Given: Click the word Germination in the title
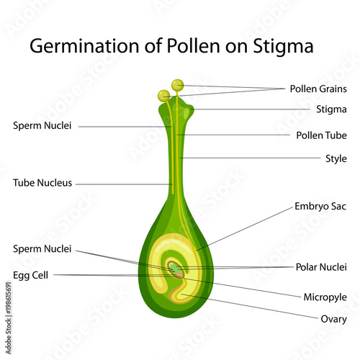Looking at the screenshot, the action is pos(84,47).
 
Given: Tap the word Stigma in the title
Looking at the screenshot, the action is pos(283,47).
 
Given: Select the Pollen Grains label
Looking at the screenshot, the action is pos(318,89).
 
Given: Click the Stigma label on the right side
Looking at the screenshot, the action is pos(331,109).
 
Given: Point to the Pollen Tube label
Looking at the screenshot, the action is pos(321,135).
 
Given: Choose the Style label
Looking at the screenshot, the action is pos(336,158).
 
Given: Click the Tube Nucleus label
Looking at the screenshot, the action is pos(42,183).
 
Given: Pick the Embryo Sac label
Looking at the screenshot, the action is pos(320,207).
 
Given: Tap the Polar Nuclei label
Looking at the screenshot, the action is pos(321,267).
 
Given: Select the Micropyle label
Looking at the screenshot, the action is pos(325,297).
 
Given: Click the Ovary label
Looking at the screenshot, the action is pos(333,320).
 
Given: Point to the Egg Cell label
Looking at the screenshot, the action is pos(30,275).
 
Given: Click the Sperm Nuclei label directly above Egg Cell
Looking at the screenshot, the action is pos(42,249).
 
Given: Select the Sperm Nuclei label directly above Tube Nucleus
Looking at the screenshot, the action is pos(42,125).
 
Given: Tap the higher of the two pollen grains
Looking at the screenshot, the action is pos(178,85).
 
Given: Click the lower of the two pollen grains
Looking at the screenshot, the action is pos(164,96).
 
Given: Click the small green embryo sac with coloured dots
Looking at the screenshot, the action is pos(176,270).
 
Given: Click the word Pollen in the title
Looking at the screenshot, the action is pos(193,47).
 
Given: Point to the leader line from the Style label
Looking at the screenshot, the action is pos(250,158).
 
